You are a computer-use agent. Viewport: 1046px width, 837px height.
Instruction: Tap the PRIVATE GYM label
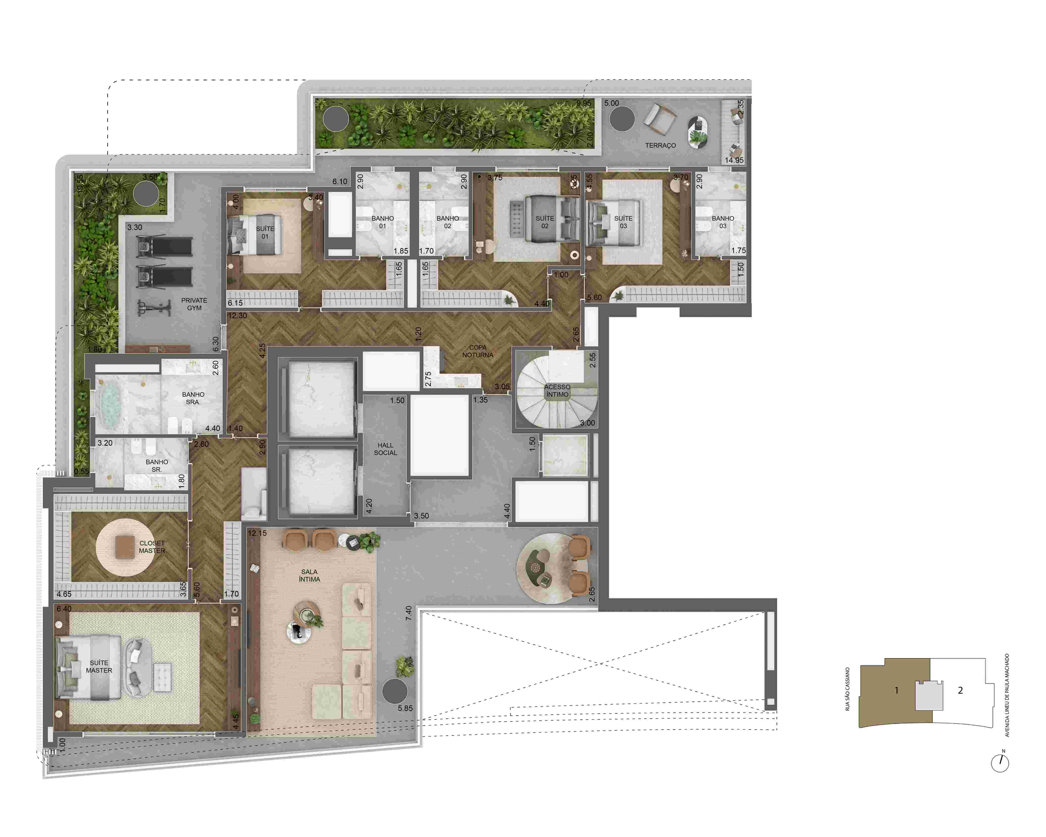(194, 304)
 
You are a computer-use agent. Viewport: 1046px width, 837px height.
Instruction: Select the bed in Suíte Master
(87, 667)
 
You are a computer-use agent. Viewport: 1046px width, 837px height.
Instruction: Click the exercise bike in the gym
(154, 307)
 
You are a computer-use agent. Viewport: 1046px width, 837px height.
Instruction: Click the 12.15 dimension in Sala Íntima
(257, 533)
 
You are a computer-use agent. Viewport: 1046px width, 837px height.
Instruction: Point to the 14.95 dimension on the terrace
(734, 160)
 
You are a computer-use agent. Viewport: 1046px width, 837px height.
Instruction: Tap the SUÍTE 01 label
(265, 232)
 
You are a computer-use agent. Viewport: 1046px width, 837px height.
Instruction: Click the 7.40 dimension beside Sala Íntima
(408, 613)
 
